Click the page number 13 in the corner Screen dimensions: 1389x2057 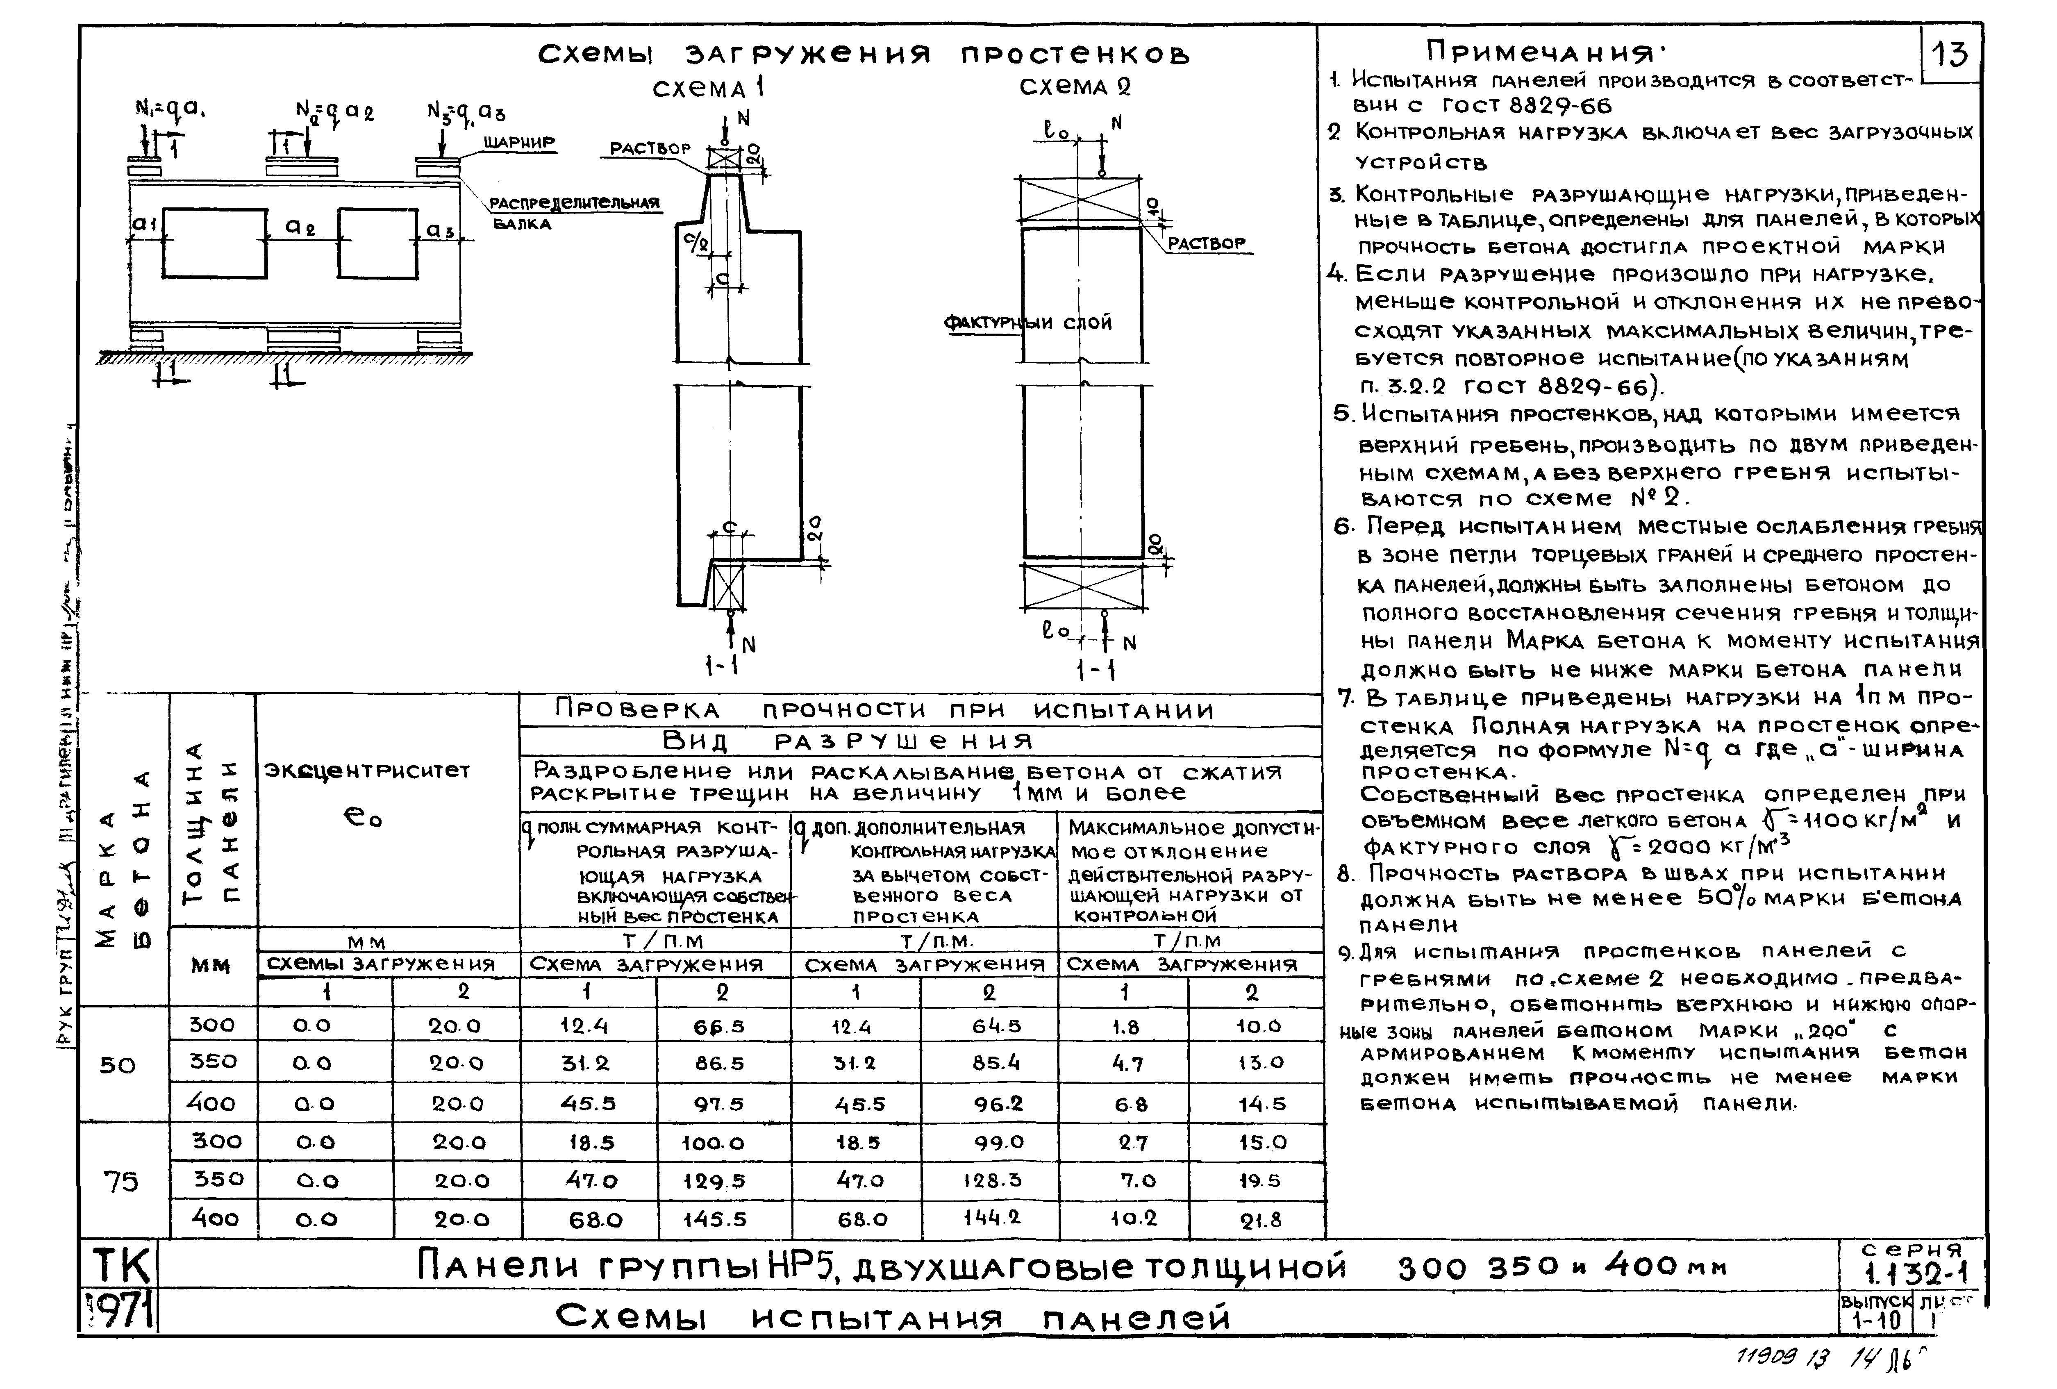point(1950,55)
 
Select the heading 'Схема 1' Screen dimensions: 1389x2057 point(708,89)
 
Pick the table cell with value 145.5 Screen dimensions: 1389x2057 point(714,1219)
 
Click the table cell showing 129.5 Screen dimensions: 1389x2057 point(714,1181)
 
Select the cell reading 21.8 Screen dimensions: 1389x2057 point(1260,1220)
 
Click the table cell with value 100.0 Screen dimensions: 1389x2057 point(714,1143)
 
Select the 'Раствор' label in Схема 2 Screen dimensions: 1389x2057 point(1207,243)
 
